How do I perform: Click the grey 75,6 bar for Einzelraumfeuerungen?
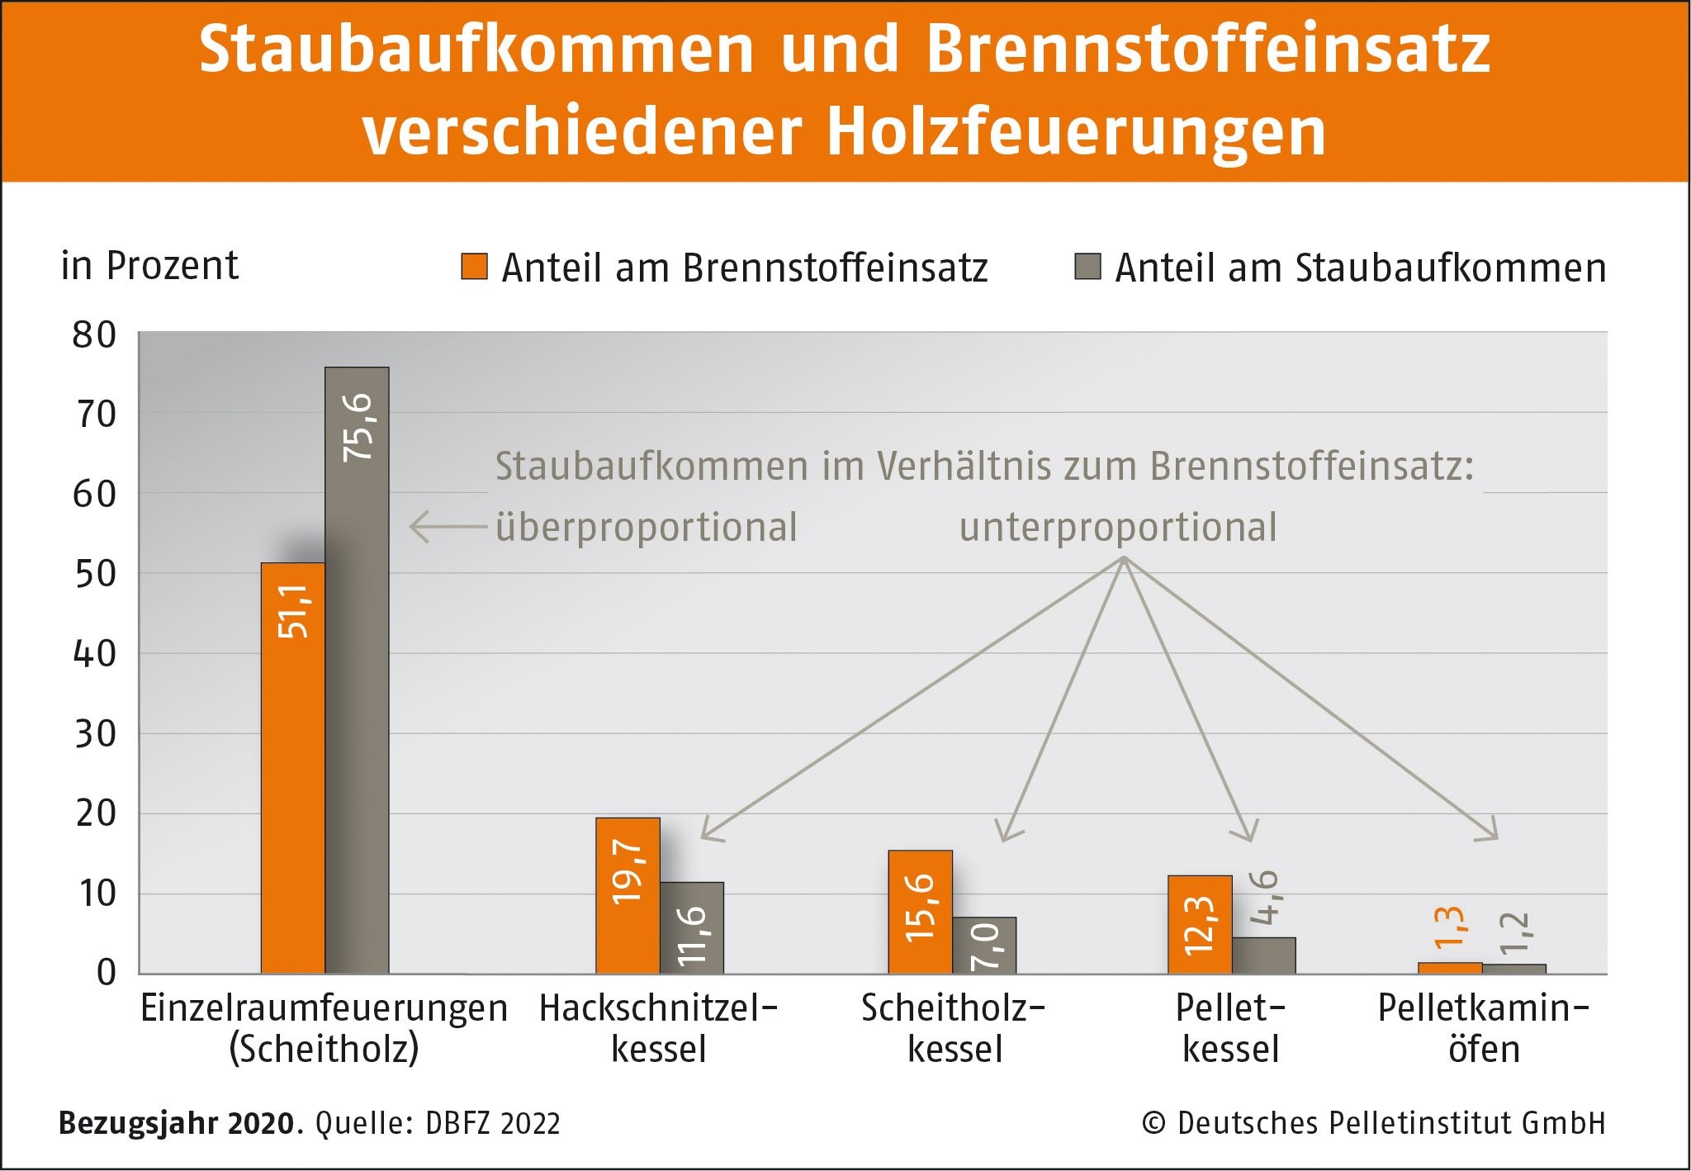click(357, 669)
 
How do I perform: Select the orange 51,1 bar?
click(293, 768)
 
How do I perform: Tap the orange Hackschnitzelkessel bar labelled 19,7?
click(628, 896)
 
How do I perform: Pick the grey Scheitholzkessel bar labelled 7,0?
click(985, 946)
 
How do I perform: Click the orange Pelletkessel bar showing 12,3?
click(1200, 925)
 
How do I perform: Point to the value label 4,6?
click(1264, 898)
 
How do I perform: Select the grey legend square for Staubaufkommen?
click(1087, 267)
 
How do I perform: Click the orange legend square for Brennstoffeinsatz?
click(474, 267)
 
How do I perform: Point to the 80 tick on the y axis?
click(94, 335)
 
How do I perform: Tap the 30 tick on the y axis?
click(94, 734)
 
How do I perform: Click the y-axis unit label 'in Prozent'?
click(149, 266)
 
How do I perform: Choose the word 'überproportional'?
click(647, 528)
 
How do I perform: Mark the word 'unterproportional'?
click(1118, 528)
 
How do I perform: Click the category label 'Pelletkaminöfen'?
click(1484, 1029)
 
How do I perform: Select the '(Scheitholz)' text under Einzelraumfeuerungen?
click(324, 1050)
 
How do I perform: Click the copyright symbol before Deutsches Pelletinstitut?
click(1153, 1124)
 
